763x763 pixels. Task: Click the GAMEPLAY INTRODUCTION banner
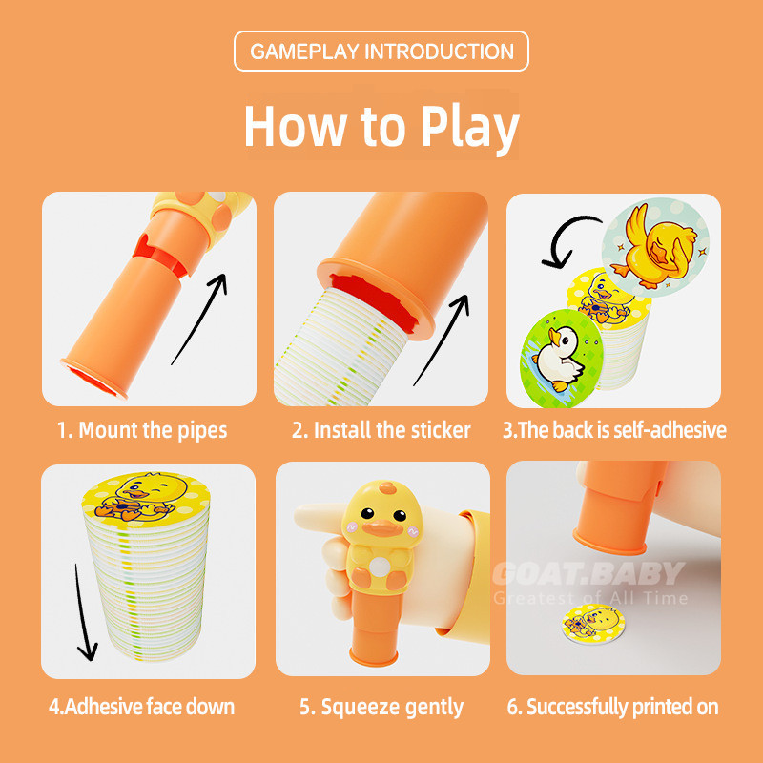point(381,52)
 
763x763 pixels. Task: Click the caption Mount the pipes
point(142,431)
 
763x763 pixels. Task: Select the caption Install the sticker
point(381,430)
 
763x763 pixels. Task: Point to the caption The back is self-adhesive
point(614,430)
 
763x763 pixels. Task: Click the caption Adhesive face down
point(141,707)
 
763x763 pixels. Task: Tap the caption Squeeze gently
point(381,708)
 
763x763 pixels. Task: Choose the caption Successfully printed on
point(612,707)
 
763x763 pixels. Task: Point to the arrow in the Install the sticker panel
point(443,340)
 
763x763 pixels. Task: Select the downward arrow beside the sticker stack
point(83,613)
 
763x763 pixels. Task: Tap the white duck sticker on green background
point(562,359)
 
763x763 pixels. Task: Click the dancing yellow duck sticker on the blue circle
point(655,248)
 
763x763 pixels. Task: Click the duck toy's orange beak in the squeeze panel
point(382,528)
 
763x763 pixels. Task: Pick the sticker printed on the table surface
point(593,623)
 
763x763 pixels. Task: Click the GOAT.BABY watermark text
point(588,573)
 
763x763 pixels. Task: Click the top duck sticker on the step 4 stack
point(145,499)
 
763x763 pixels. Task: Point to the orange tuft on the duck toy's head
point(387,487)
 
